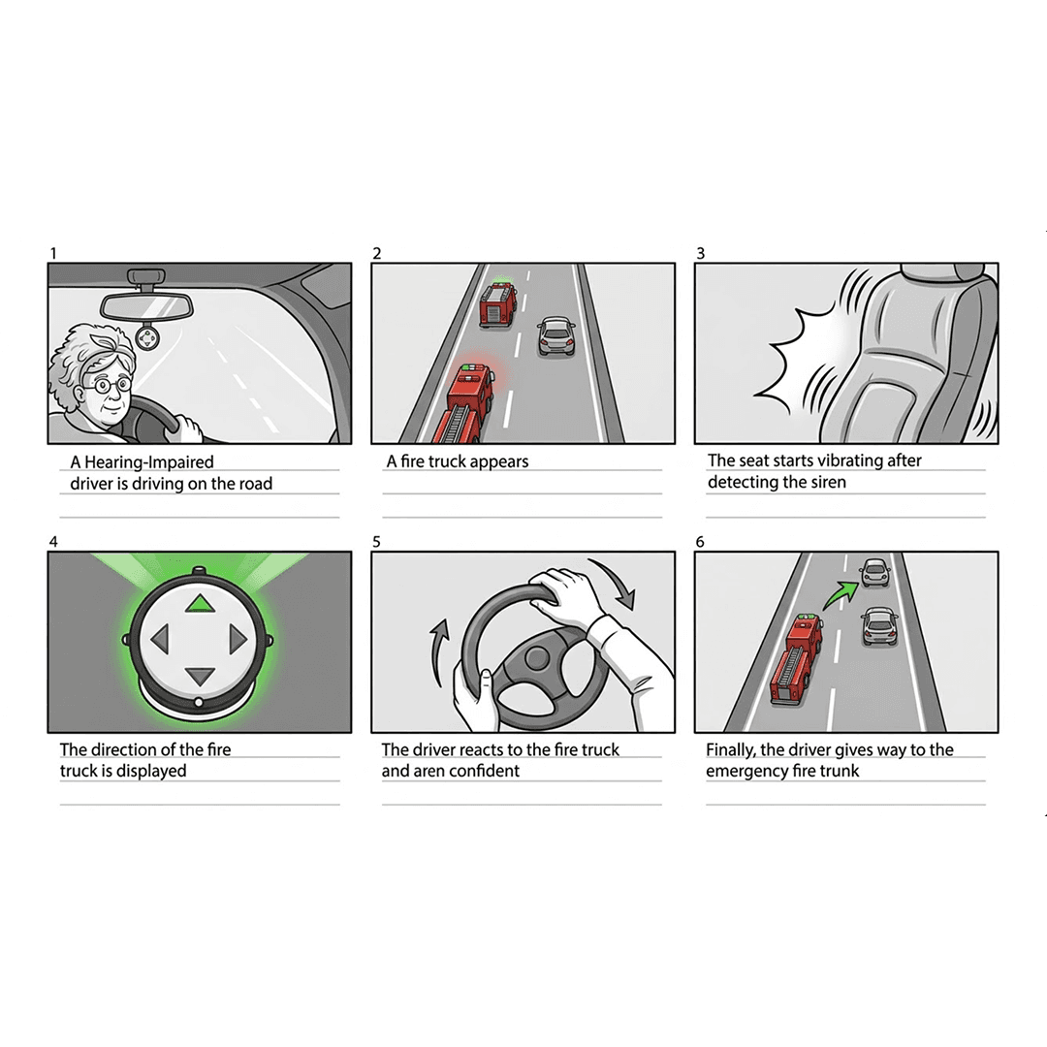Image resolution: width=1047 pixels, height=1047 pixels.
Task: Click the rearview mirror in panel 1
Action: [147, 305]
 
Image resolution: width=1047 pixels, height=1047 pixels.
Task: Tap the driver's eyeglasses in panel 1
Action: [107, 385]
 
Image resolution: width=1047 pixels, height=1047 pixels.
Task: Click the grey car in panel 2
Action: [556, 335]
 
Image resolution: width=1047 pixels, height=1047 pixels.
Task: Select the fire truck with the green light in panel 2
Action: [498, 303]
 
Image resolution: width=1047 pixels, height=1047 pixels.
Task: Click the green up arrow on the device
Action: [200, 604]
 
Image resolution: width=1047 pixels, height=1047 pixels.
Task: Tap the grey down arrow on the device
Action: [200, 676]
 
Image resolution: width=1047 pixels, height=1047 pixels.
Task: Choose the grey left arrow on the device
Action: [160, 639]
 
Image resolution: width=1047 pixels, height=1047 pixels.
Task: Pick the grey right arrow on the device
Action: [238, 639]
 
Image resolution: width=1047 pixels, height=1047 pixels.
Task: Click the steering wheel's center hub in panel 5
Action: [536, 657]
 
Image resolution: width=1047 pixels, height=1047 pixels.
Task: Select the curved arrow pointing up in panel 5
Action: [439, 651]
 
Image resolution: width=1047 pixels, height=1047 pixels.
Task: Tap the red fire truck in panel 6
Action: [795, 658]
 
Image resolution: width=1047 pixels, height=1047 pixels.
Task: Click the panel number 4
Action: [53, 542]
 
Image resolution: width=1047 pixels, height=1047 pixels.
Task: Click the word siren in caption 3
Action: [828, 482]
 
